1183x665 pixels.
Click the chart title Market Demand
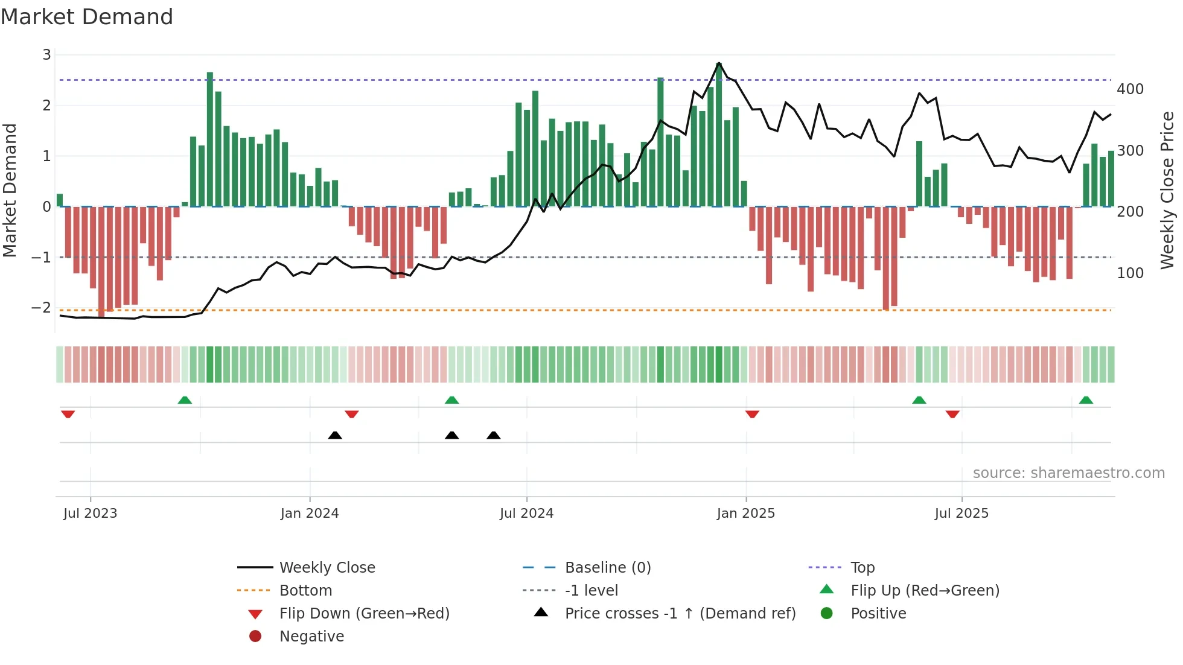coord(87,17)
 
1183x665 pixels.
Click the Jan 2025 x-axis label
coord(745,514)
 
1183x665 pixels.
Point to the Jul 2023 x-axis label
coord(90,514)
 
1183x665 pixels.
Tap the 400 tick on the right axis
coord(1130,89)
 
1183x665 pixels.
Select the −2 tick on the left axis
coord(41,308)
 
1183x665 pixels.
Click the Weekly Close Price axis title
coord(1167,190)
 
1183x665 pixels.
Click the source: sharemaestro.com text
coord(1068,473)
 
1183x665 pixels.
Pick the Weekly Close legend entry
coord(327,568)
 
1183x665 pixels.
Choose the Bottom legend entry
coord(305,591)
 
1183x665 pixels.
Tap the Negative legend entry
coord(311,637)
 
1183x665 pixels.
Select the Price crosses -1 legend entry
coord(680,614)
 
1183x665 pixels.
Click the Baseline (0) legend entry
coord(607,568)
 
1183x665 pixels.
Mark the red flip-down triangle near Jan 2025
coord(752,414)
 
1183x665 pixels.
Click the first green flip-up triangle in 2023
coord(185,400)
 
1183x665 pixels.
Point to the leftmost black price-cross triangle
coord(335,435)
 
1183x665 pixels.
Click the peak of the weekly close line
coord(719,63)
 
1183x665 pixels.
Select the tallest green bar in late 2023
coord(210,139)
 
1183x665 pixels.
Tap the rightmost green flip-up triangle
coord(1086,400)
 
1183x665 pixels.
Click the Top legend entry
coord(862,568)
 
